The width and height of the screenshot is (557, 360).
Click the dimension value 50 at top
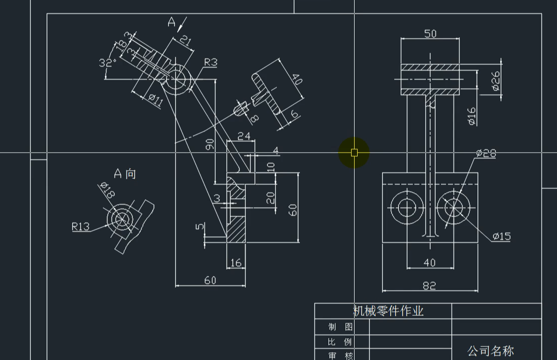430,34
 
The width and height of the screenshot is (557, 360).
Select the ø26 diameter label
496,80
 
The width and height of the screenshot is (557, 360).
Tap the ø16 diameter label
472,116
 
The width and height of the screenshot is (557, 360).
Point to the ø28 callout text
486,154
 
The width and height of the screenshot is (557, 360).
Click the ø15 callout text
501,236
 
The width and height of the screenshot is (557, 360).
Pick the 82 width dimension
429,285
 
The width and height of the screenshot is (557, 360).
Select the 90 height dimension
209,145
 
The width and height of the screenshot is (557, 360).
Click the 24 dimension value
244,136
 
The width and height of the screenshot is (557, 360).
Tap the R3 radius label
210,62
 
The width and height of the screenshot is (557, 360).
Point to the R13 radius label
80,226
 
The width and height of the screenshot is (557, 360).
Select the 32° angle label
108,63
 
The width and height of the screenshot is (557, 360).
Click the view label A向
125,174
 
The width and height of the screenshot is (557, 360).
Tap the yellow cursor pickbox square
354,153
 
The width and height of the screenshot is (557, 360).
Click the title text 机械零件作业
388,311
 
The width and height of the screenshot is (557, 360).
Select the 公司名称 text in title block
490,350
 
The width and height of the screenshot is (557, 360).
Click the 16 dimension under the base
236,263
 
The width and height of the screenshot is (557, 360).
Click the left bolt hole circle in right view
406,207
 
